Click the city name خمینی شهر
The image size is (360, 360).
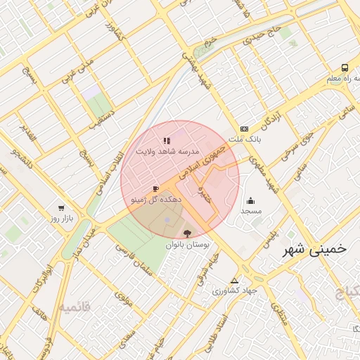314,250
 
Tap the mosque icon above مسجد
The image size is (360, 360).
251,201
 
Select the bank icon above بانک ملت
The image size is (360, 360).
244,129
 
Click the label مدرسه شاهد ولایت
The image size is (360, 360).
172,151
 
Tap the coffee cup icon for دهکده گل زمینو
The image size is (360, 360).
155,189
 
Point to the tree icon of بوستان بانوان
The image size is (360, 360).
187,233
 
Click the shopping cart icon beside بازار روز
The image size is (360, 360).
62,209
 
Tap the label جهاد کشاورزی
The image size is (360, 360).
235,290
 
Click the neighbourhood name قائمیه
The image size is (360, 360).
75,307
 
